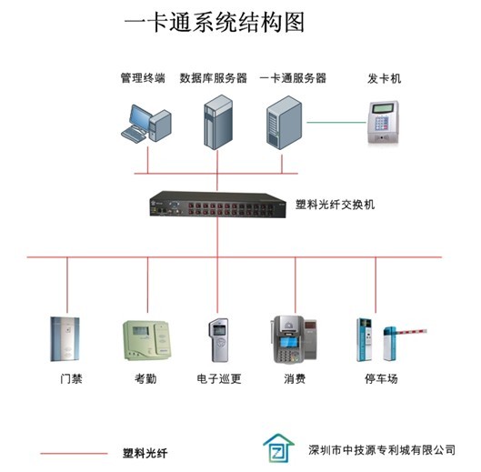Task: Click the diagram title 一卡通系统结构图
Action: pyautogui.click(x=215, y=23)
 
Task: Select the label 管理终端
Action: pyautogui.click(x=143, y=78)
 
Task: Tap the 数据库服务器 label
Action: pyautogui.click(x=213, y=78)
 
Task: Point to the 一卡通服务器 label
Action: pyautogui.click(x=293, y=78)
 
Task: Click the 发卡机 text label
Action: pyautogui.click(x=384, y=78)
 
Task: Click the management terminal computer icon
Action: pyautogui.click(x=146, y=124)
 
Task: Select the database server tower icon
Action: pyautogui.click(x=218, y=122)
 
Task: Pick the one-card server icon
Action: pyautogui.click(x=284, y=123)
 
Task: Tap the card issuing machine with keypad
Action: pyautogui.click(x=383, y=122)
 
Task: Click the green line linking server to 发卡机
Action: pyautogui.click(x=336, y=123)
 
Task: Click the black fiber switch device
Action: pyautogui.click(x=218, y=204)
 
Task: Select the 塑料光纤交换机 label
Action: pyautogui.click(x=335, y=205)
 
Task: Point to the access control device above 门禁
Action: pyautogui.click(x=65, y=339)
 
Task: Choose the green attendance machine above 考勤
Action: pyautogui.click(x=146, y=340)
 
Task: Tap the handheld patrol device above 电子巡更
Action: pyautogui.click(x=219, y=340)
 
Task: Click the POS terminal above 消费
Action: pyautogui.click(x=293, y=339)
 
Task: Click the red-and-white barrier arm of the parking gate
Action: pyautogui.click(x=410, y=331)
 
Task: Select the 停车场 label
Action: pyautogui.click(x=381, y=378)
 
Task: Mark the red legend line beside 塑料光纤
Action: pyautogui.click(x=74, y=453)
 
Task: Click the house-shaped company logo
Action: pyautogui.click(x=278, y=447)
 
